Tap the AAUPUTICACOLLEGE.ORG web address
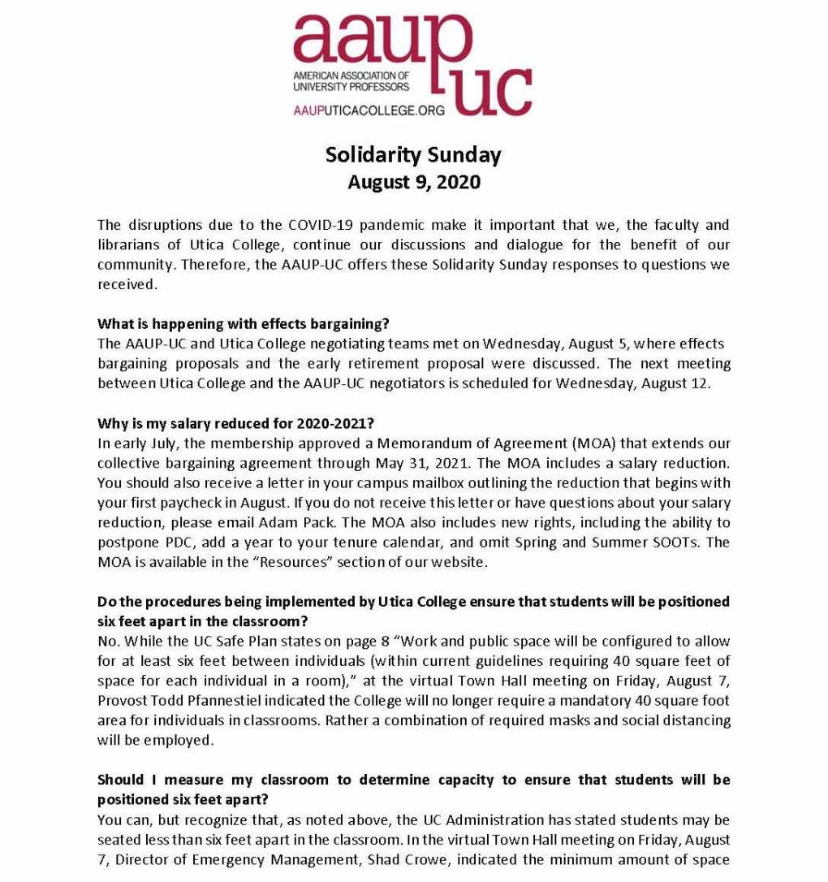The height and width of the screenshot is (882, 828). (x=369, y=110)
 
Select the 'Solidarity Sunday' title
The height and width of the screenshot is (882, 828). (x=413, y=153)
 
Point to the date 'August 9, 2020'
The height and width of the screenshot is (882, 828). (x=413, y=181)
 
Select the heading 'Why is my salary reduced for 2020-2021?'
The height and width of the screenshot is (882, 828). (x=235, y=423)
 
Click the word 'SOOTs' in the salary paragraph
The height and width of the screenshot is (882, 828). (x=672, y=542)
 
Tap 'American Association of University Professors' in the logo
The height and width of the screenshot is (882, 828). (x=351, y=80)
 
